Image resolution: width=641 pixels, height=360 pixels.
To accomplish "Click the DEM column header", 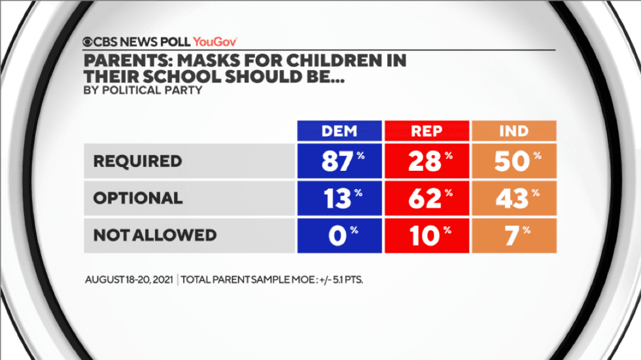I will pyautogui.click(x=339, y=131).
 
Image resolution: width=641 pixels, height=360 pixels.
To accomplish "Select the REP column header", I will pyautogui.click(x=426, y=131).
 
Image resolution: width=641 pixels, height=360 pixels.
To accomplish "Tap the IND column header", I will pyautogui.click(x=513, y=131).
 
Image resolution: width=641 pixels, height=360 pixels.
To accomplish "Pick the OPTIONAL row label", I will pyautogui.click(x=138, y=198).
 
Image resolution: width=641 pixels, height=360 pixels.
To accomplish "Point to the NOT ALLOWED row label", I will pyautogui.click(x=155, y=235).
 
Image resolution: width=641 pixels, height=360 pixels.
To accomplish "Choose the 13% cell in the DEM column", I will pyautogui.click(x=339, y=198).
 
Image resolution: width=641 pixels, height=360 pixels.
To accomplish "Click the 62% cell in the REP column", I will pyautogui.click(x=426, y=198).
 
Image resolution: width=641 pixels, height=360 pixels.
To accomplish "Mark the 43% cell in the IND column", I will pyautogui.click(x=513, y=198).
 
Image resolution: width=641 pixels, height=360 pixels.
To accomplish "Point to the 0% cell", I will pyautogui.click(x=339, y=235).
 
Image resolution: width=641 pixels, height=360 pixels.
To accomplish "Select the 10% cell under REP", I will pyautogui.click(x=426, y=235).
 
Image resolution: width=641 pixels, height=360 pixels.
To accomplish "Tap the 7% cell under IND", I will pyautogui.click(x=513, y=235).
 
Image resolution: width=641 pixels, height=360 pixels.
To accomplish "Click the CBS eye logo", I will pyautogui.click(x=88, y=42).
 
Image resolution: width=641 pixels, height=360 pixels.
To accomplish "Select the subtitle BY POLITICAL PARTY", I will pyautogui.click(x=143, y=90).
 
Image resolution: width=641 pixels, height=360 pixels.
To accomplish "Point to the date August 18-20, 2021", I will pyautogui.click(x=128, y=279).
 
